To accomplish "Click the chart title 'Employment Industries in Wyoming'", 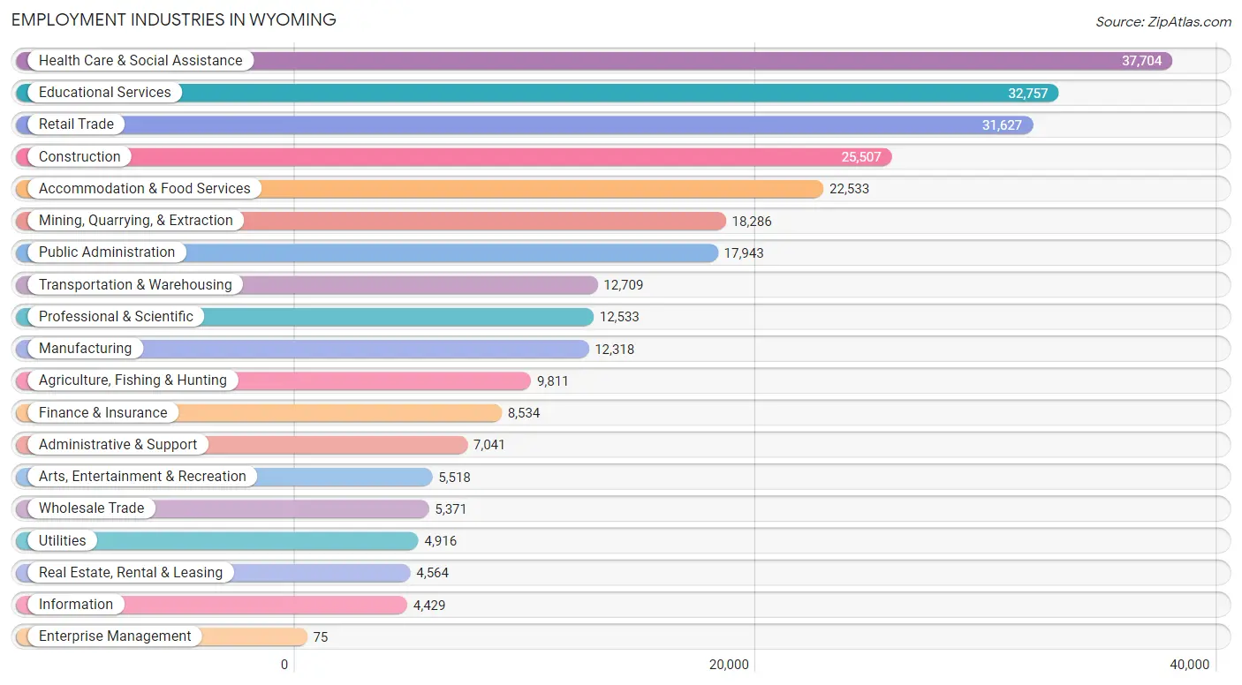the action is pos(173,20).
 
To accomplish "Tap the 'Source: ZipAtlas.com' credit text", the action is pos(1163,21).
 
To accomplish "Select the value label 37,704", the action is pos(1141,60).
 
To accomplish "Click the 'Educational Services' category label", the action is pos(105,92).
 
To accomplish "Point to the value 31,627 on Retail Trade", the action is pos(1002,124).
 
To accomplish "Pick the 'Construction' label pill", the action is pos(80,156).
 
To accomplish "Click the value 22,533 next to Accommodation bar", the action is pos(849,188).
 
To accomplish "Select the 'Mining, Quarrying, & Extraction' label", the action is pos(136,220).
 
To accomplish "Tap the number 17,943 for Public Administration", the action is pos(744,252).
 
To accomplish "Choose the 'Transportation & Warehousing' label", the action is pos(135,284).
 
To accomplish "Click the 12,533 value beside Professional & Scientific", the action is pos(619,316).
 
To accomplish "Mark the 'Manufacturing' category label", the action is pos(86,348).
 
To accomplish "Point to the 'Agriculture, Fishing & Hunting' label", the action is pos(133,380).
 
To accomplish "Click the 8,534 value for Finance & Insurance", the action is pos(524,413).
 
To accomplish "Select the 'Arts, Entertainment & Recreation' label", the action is pos(142,476).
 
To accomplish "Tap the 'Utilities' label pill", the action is pos(62,540).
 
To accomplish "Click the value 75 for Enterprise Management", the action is pos(321,636).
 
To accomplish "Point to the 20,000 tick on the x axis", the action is pos(729,665).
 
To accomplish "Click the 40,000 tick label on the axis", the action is pos(1189,665).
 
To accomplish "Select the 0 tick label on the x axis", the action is pos(284,665).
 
